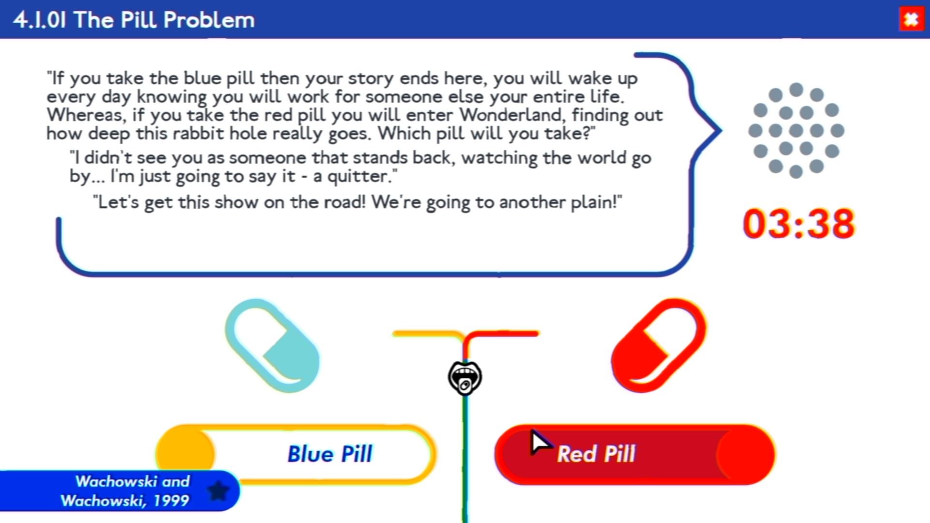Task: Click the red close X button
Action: (911, 20)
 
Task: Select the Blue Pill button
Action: (296, 454)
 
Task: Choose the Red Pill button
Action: (635, 454)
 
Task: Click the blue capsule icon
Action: (273, 345)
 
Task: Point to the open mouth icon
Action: (465, 378)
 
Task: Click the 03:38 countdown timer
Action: (799, 224)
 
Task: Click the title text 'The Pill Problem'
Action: (164, 20)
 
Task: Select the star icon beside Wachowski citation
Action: (218, 491)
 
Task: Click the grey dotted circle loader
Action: (796, 131)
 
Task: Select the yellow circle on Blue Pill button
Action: (185, 454)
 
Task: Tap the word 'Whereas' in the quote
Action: (86, 116)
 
